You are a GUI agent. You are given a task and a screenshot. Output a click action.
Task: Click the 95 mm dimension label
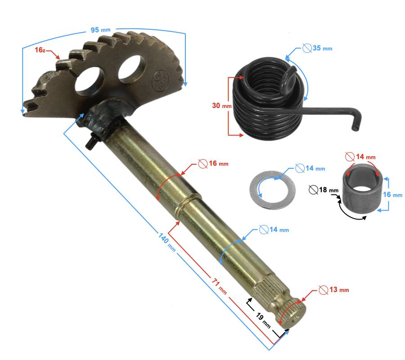tap(100, 30)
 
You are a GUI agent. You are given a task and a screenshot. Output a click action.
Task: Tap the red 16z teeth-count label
tap(40, 50)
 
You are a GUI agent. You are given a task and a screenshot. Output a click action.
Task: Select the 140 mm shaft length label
tap(167, 242)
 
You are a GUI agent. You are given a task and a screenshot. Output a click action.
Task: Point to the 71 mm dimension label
tap(220, 286)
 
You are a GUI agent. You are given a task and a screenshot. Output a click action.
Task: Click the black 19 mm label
tap(263, 320)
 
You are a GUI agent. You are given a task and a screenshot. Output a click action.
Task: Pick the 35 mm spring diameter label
tap(317, 48)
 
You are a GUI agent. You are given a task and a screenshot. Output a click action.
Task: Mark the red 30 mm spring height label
tap(222, 106)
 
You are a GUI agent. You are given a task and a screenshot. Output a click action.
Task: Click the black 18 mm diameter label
tap(324, 190)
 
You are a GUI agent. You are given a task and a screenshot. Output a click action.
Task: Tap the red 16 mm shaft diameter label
tap(213, 163)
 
